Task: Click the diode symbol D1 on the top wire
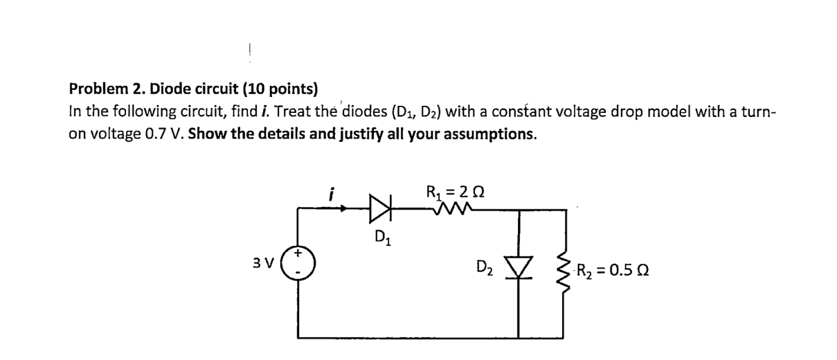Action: (x=381, y=206)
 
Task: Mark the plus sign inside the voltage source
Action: (x=299, y=255)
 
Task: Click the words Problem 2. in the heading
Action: (x=107, y=89)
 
